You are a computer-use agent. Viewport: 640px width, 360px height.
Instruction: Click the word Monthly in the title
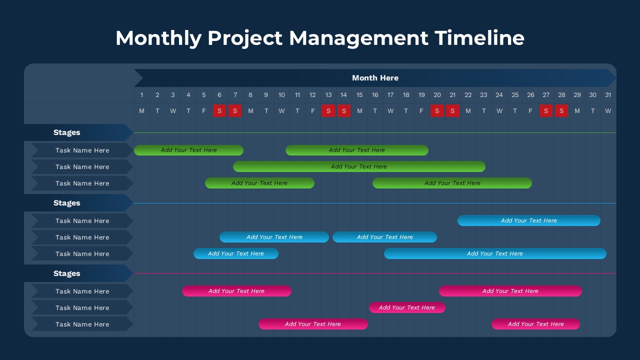click(x=158, y=38)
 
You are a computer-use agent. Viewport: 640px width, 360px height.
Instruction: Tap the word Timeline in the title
click(x=479, y=37)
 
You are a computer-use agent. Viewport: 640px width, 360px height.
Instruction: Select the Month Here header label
click(x=375, y=77)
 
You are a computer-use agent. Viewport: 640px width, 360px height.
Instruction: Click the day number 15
click(x=359, y=95)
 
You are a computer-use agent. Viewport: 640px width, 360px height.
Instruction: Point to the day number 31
click(x=608, y=95)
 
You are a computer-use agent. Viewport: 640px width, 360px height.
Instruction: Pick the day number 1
click(x=141, y=95)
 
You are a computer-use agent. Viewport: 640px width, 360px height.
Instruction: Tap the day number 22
click(x=468, y=95)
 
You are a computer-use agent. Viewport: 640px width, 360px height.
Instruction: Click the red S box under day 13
click(x=328, y=110)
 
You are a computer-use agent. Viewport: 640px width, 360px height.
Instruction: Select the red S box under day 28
click(x=561, y=110)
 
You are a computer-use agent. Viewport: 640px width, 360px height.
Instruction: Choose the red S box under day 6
click(x=219, y=110)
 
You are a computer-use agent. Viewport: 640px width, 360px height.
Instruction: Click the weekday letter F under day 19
click(x=421, y=111)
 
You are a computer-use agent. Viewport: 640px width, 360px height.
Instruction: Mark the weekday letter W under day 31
click(x=608, y=111)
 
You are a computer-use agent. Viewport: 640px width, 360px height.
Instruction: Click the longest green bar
click(x=359, y=166)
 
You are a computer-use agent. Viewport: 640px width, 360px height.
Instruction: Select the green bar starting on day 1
click(x=188, y=150)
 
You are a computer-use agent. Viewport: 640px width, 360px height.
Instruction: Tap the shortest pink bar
click(x=407, y=307)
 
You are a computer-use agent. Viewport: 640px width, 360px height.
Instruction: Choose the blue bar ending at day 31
click(x=495, y=253)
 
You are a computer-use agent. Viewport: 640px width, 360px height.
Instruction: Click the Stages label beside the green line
click(x=67, y=132)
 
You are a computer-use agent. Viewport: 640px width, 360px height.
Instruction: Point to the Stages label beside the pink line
click(x=67, y=273)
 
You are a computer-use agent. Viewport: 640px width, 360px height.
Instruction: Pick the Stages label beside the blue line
click(x=67, y=203)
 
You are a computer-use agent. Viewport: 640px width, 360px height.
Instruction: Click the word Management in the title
click(x=358, y=38)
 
